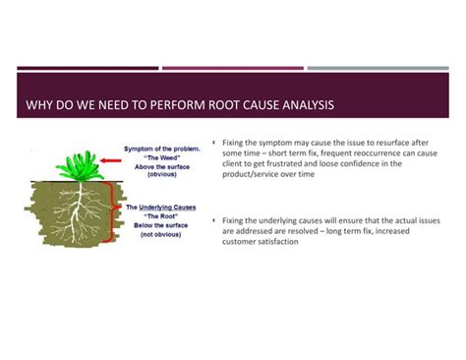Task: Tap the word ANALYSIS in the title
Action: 305,104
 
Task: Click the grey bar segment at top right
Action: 378,69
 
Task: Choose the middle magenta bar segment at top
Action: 233,69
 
